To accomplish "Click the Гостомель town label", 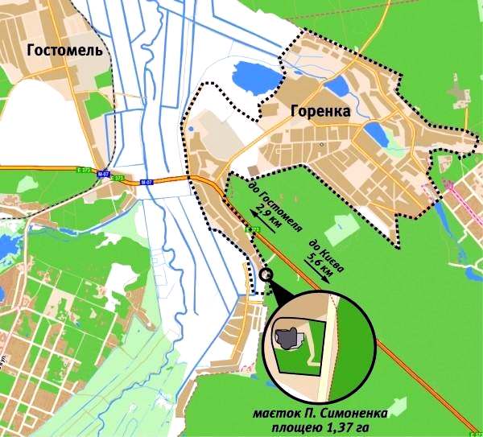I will pos(64,51).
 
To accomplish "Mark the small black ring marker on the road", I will pos(266,274).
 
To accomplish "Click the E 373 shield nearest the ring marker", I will pos(254,231).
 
